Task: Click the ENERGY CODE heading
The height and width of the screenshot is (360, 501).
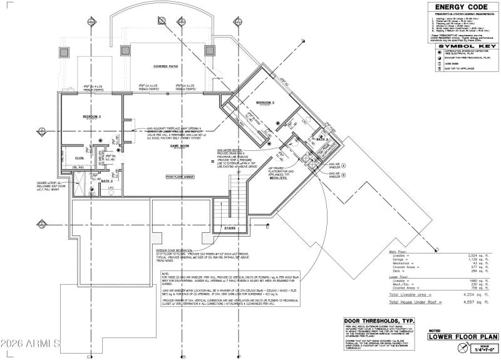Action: click(459, 7)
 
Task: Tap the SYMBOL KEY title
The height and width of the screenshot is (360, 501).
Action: click(459, 46)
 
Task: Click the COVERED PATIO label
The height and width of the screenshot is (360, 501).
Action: click(167, 66)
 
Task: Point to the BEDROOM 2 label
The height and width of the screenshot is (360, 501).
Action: click(91, 116)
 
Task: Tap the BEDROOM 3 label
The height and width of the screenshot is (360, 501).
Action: click(266, 102)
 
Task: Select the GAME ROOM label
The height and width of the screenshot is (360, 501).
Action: click(180, 145)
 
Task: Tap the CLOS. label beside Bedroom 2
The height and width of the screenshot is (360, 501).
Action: click(80, 158)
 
